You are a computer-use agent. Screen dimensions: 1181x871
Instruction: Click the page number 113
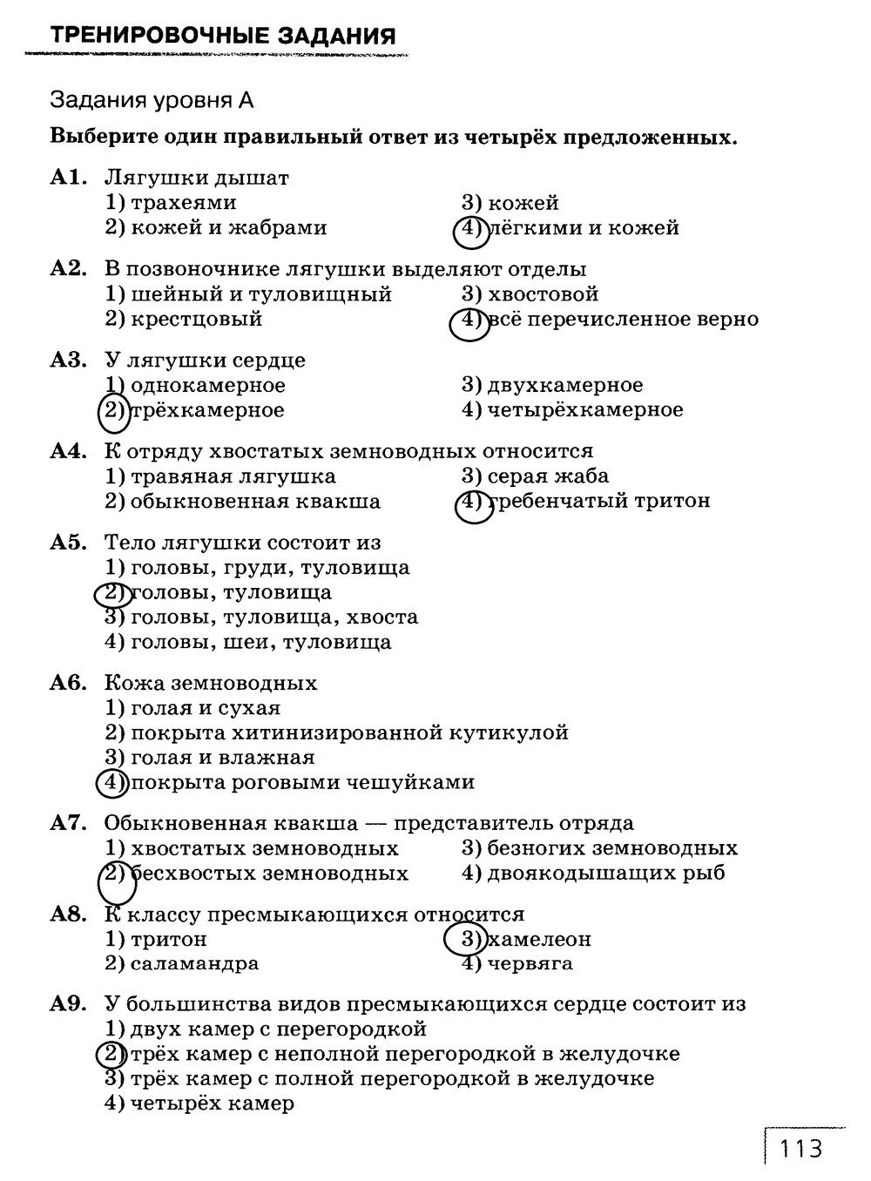point(801,1149)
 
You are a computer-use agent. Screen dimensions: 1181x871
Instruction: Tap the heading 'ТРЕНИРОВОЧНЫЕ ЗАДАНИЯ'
point(223,36)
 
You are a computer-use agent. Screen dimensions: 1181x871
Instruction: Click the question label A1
point(68,178)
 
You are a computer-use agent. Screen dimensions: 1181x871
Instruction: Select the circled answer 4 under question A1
point(469,229)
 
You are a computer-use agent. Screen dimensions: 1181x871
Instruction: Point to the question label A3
point(68,360)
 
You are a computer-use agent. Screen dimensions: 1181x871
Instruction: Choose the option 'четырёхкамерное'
point(584,409)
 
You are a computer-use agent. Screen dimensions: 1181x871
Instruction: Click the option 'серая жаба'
point(548,476)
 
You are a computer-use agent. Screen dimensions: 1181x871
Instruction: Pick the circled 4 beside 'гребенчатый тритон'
point(471,502)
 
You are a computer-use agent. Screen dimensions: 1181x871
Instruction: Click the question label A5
point(68,543)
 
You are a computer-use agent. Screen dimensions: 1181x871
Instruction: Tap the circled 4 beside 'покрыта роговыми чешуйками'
point(111,782)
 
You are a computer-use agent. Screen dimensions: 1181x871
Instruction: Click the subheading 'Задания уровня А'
point(152,100)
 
